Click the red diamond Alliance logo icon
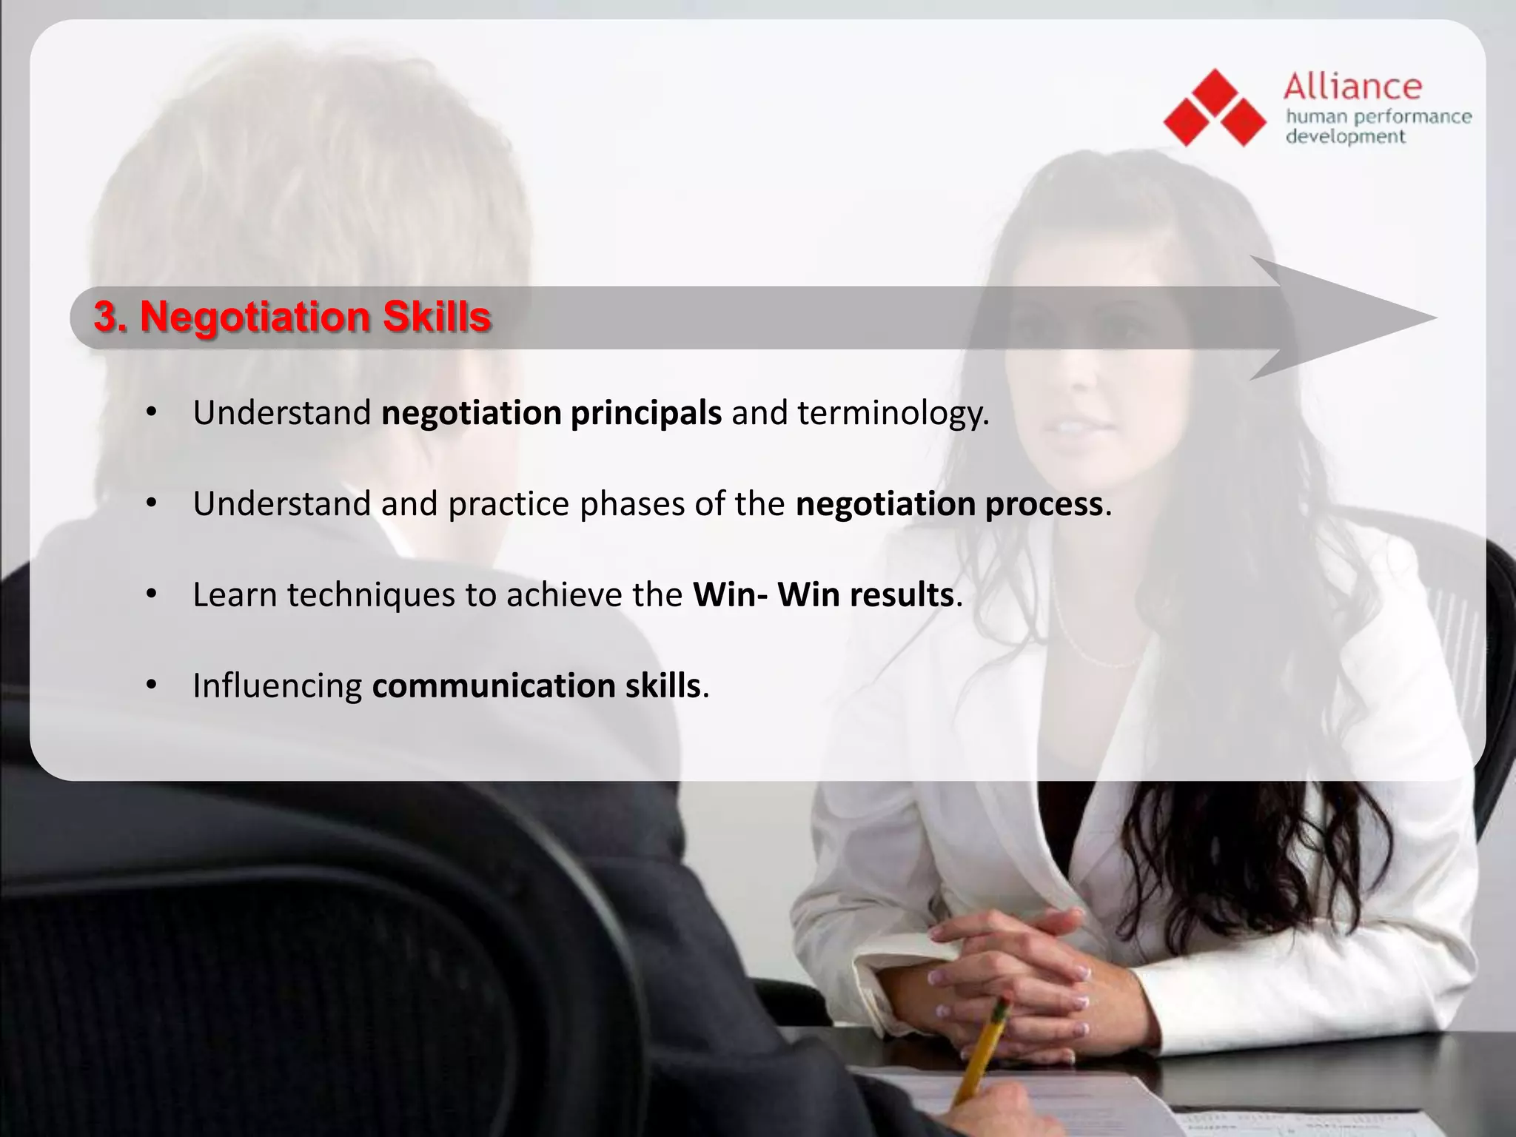(1215, 108)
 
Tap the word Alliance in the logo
(1352, 87)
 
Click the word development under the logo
(1344, 137)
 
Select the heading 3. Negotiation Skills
(292, 317)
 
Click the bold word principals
(645, 413)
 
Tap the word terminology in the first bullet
(891, 413)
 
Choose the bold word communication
(493, 686)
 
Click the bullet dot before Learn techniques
(152, 594)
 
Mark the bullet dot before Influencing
(152, 685)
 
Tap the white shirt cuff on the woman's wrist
(873, 985)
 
